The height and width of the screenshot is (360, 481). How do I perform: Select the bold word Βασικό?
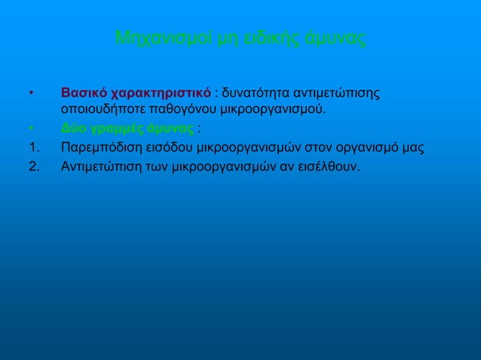pyautogui.click(x=83, y=94)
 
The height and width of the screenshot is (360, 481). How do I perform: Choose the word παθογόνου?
pyautogui.click(x=175, y=111)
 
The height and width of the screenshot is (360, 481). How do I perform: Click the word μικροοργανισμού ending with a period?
pyautogui.click(x=269, y=111)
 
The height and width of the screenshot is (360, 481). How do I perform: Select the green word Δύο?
pyautogui.click(x=73, y=128)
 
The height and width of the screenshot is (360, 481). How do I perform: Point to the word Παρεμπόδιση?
pyautogui.click(x=98, y=146)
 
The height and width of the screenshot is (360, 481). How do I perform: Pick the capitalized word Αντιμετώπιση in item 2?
pyautogui.click(x=97, y=165)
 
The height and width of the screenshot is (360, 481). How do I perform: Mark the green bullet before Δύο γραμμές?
pyautogui.click(x=31, y=128)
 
